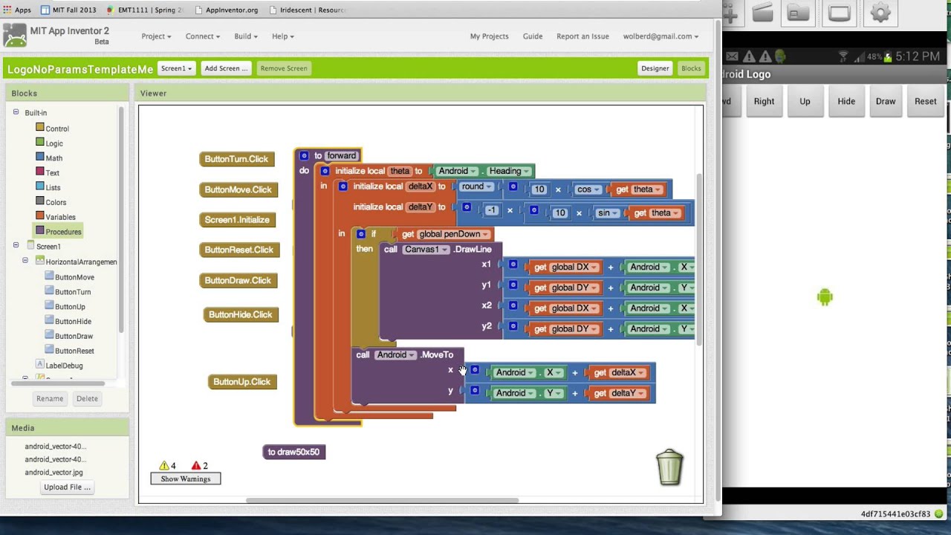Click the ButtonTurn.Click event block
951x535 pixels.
click(236, 159)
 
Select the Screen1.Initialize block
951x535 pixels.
click(237, 220)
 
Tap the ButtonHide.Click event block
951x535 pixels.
click(240, 315)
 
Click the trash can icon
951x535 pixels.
click(669, 467)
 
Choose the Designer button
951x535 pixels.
click(655, 68)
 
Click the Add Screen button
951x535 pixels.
click(226, 68)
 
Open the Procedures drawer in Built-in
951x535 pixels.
click(63, 232)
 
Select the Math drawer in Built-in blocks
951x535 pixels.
click(53, 158)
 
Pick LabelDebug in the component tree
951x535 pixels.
click(64, 366)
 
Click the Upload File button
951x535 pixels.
click(67, 487)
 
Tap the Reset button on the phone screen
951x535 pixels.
click(925, 102)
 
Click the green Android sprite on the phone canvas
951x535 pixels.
click(825, 297)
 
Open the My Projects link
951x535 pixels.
click(489, 36)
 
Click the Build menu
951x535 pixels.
click(245, 36)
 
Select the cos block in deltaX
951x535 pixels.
click(586, 189)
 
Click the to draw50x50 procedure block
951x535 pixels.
click(293, 452)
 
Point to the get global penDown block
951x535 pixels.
click(445, 234)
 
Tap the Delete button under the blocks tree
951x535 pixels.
click(87, 399)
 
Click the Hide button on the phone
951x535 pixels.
click(845, 102)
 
